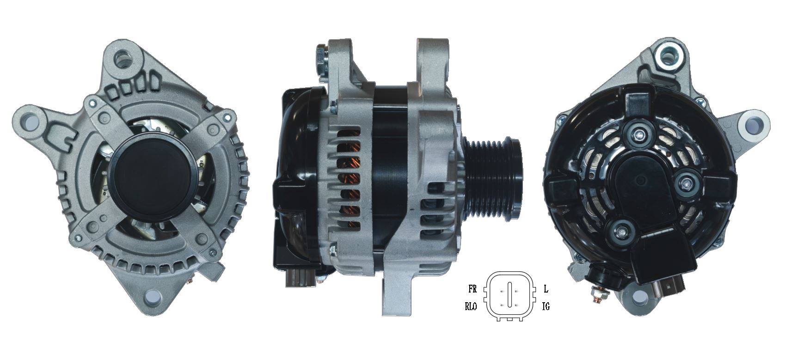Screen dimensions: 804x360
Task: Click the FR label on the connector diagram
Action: pos(472,290)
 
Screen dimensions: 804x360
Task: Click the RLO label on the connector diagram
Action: pos(471,306)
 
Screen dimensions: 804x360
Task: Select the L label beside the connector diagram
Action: pos(546,290)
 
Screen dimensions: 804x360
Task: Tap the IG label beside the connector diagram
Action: pos(546,306)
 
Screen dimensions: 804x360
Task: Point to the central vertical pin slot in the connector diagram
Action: pos(509,294)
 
